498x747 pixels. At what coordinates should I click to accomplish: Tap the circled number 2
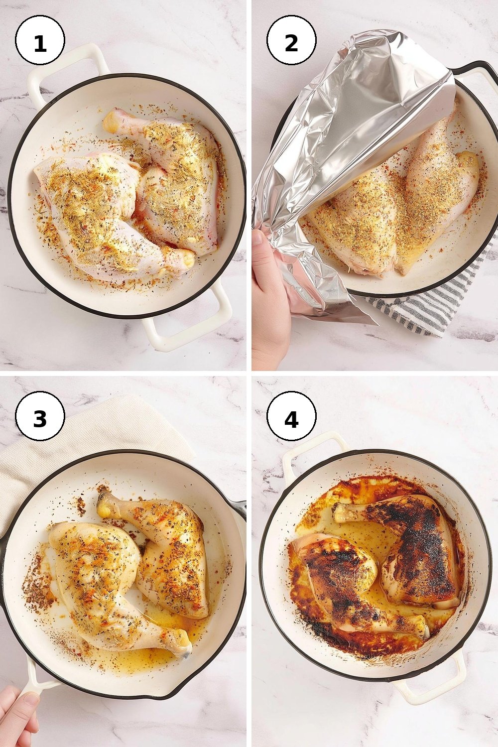coord(291,42)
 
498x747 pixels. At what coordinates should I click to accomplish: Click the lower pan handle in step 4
coord(430,690)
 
